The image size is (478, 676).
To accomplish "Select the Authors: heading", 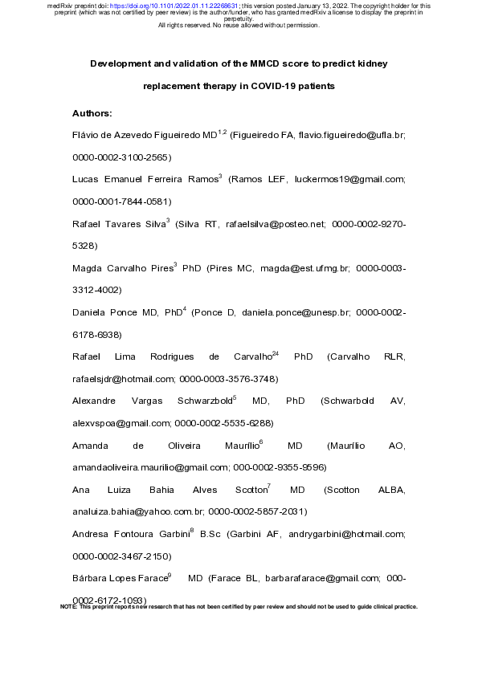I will coord(92,113).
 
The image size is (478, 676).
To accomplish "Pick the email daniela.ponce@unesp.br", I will coord(307,312).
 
